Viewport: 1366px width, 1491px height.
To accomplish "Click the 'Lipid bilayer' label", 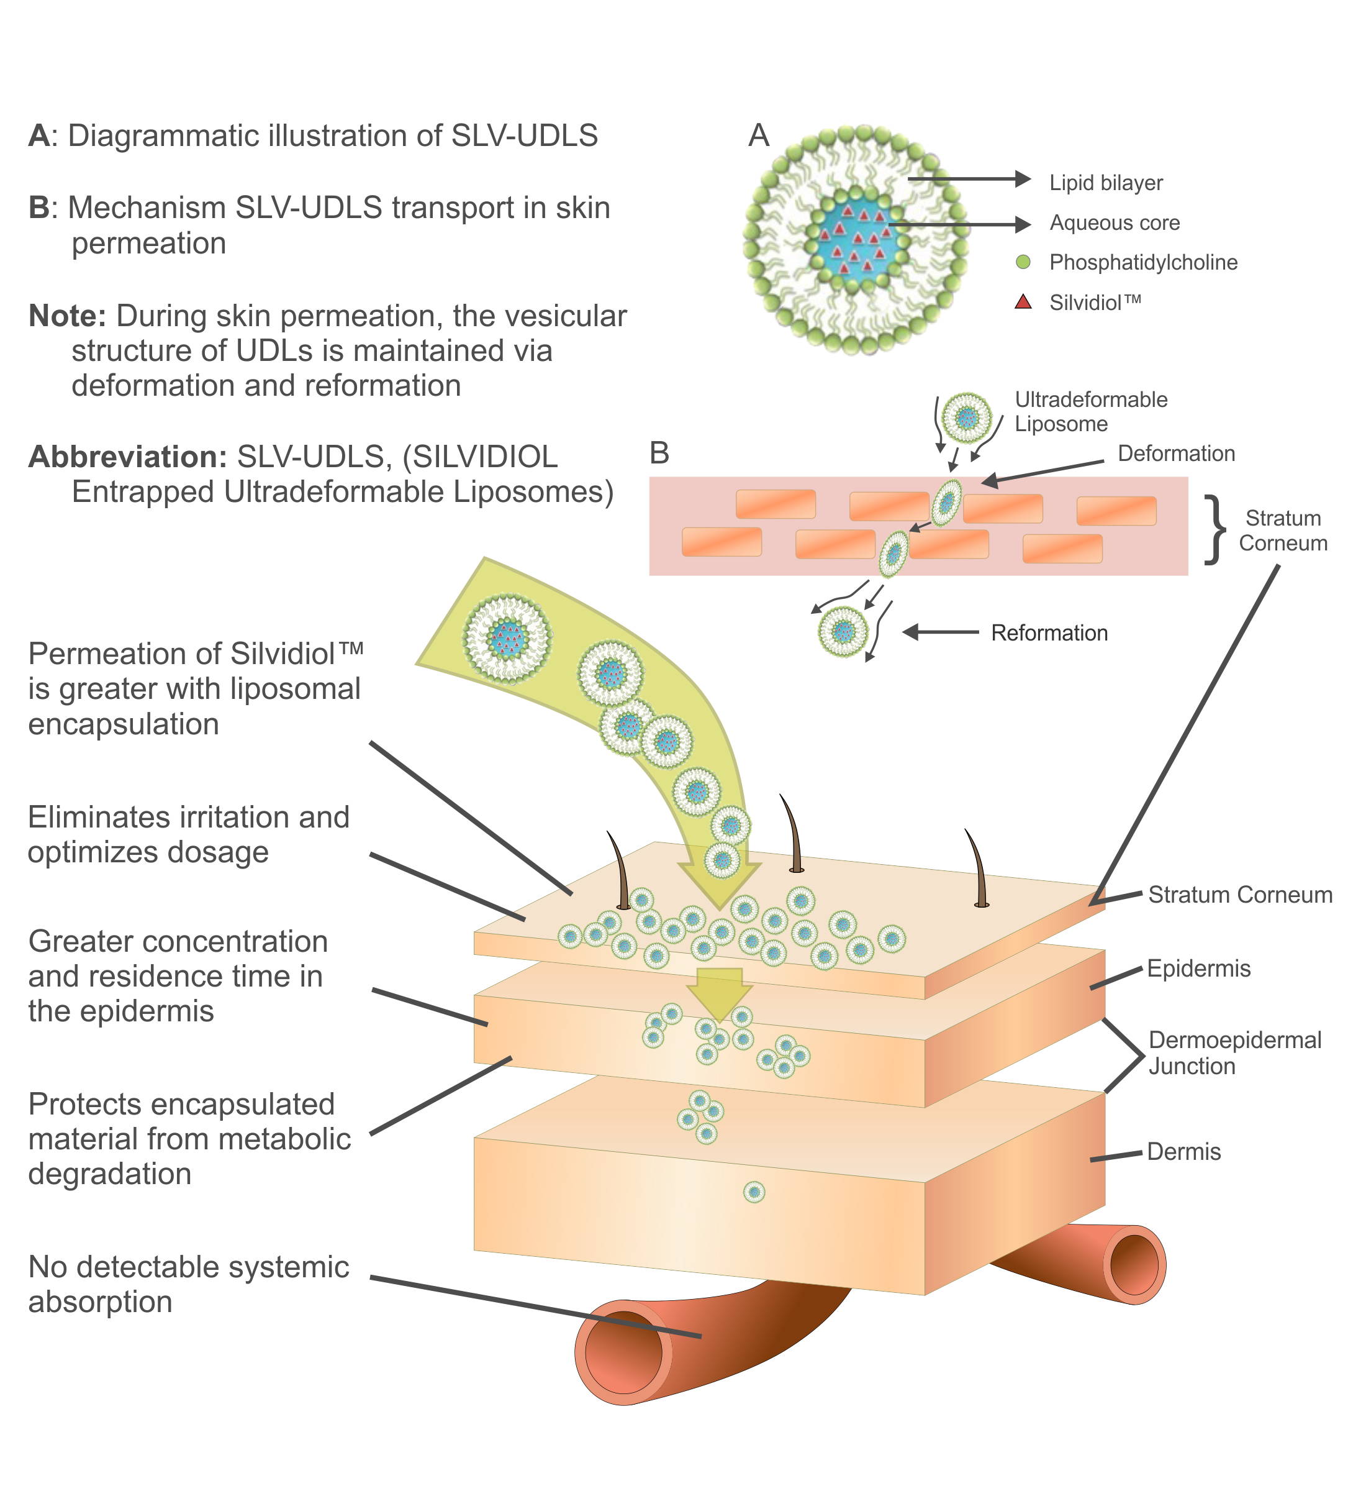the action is (x=1106, y=183).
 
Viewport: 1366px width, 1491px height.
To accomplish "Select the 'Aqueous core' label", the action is (x=1115, y=222).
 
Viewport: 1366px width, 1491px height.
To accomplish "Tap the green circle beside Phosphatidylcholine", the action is (x=1023, y=262).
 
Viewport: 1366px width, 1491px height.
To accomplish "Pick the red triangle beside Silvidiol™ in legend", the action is (x=1023, y=302).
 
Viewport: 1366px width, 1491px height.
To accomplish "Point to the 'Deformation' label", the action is (x=1176, y=454).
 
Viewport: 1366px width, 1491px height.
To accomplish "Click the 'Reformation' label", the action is (x=1049, y=633).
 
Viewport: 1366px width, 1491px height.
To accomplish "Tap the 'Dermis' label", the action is (x=1183, y=1152).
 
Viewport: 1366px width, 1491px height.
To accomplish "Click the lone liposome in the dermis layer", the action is (x=754, y=1192).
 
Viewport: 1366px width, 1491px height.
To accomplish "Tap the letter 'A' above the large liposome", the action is (x=759, y=135).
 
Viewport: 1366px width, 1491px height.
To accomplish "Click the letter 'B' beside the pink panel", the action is (x=659, y=453).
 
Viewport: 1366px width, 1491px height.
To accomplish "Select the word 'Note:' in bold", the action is (x=67, y=316).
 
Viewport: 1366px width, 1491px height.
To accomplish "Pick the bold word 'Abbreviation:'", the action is (x=127, y=457).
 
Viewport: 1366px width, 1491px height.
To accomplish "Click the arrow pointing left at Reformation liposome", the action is (x=940, y=632).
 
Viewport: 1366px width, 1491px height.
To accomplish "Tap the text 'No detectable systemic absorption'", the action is (x=189, y=1285).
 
